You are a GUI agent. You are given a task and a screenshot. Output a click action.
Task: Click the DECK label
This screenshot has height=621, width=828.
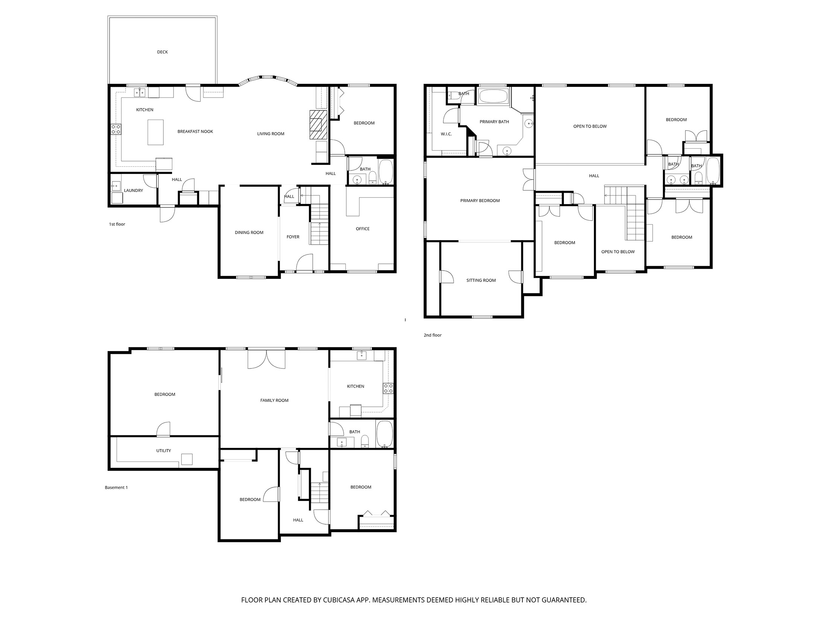pyautogui.click(x=162, y=52)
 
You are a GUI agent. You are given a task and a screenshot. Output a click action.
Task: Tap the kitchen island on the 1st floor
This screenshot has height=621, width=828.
pyautogui.click(x=155, y=132)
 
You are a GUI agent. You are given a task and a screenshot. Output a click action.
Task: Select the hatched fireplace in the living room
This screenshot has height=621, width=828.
pyautogui.click(x=318, y=125)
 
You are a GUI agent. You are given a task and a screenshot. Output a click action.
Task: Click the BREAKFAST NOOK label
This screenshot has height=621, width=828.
pyautogui.click(x=195, y=131)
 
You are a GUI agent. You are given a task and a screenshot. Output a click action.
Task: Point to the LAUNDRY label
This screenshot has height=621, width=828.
pyautogui.click(x=134, y=190)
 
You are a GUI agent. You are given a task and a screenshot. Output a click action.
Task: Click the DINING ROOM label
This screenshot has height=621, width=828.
pyautogui.click(x=249, y=233)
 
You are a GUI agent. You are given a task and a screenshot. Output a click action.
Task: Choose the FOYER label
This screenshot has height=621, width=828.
pyautogui.click(x=293, y=237)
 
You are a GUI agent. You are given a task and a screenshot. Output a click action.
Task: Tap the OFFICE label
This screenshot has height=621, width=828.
pyautogui.click(x=363, y=229)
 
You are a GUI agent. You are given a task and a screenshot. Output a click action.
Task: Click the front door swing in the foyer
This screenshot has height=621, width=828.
pyautogui.click(x=305, y=262)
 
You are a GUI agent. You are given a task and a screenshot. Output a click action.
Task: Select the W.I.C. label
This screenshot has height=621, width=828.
pyautogui.click(x=446, y=134)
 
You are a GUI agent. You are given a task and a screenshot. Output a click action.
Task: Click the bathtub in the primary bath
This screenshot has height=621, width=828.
pyautogui.click(x=493, y=96)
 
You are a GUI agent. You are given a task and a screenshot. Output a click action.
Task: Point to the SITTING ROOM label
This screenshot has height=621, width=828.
pyautogui.click(x=481, y=280)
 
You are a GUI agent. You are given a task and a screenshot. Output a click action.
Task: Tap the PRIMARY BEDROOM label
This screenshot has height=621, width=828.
pyautogui.click(x=480, y=201)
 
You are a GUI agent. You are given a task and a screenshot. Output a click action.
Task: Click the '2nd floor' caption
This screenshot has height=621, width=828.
pyautogui.click(x=432, y=335)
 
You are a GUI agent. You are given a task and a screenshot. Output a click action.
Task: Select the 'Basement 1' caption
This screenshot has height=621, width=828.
pyautogui.click(x=116, y=487)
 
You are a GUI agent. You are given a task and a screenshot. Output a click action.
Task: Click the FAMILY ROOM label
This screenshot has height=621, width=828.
pyautogui.click(x=274, y=400)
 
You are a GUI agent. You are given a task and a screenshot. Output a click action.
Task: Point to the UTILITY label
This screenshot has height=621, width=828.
pyautogui.click(x=164, y=451)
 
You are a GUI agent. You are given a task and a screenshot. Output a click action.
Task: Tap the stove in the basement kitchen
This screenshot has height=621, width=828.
pyautogui.click(x=388, y=388)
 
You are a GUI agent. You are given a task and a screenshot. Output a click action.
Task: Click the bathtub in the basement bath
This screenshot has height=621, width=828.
pyautogui.click(x=385, y=434)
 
